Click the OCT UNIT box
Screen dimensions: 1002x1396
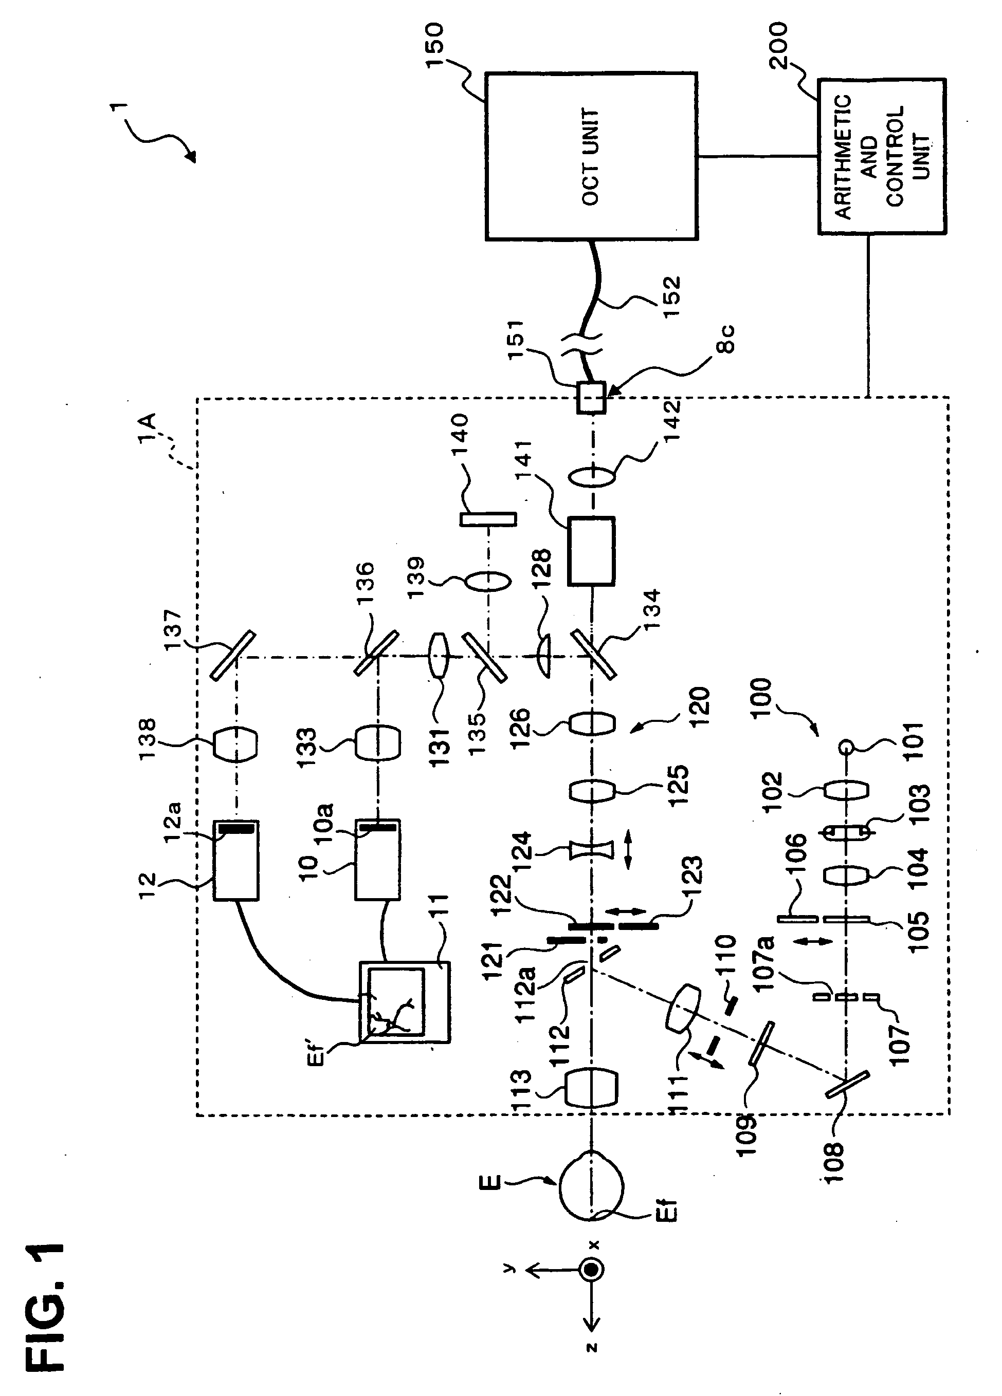(591, 156)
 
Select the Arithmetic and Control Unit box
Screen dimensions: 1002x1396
(882, 156)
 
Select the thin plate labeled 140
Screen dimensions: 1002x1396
(488, 519)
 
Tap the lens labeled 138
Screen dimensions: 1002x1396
(235, 743)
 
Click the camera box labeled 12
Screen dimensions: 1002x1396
(236, 861)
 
